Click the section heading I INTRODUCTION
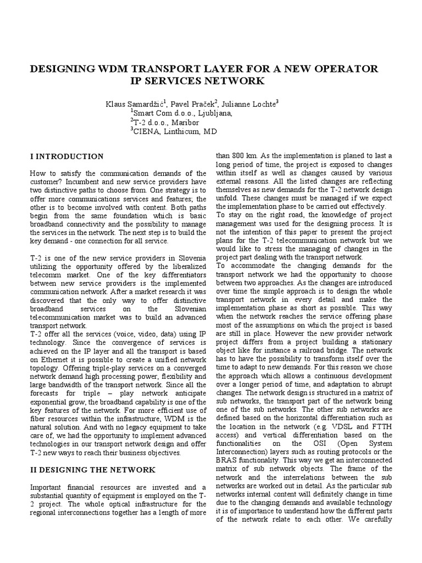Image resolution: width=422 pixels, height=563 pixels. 66,157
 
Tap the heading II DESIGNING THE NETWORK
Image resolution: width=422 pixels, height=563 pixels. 93,470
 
